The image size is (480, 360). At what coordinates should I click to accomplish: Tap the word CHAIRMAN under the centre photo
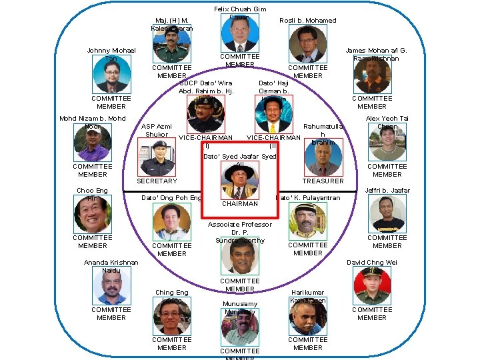[239, 204]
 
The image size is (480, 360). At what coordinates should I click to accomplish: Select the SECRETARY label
[157, 181]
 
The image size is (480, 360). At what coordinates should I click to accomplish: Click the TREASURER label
[323, 181]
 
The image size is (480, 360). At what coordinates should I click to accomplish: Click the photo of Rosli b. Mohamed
[307, 44]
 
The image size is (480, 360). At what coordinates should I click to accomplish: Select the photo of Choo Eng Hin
[93, 215]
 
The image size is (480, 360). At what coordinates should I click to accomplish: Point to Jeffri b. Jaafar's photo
[387, 214]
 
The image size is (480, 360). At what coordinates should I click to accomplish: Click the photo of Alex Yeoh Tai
[387, 143]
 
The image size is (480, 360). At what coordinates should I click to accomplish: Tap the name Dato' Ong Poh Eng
[171, 198]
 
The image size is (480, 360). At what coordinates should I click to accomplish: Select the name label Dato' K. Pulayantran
[308, 198]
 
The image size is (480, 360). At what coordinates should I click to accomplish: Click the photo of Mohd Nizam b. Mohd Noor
[93, 143]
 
